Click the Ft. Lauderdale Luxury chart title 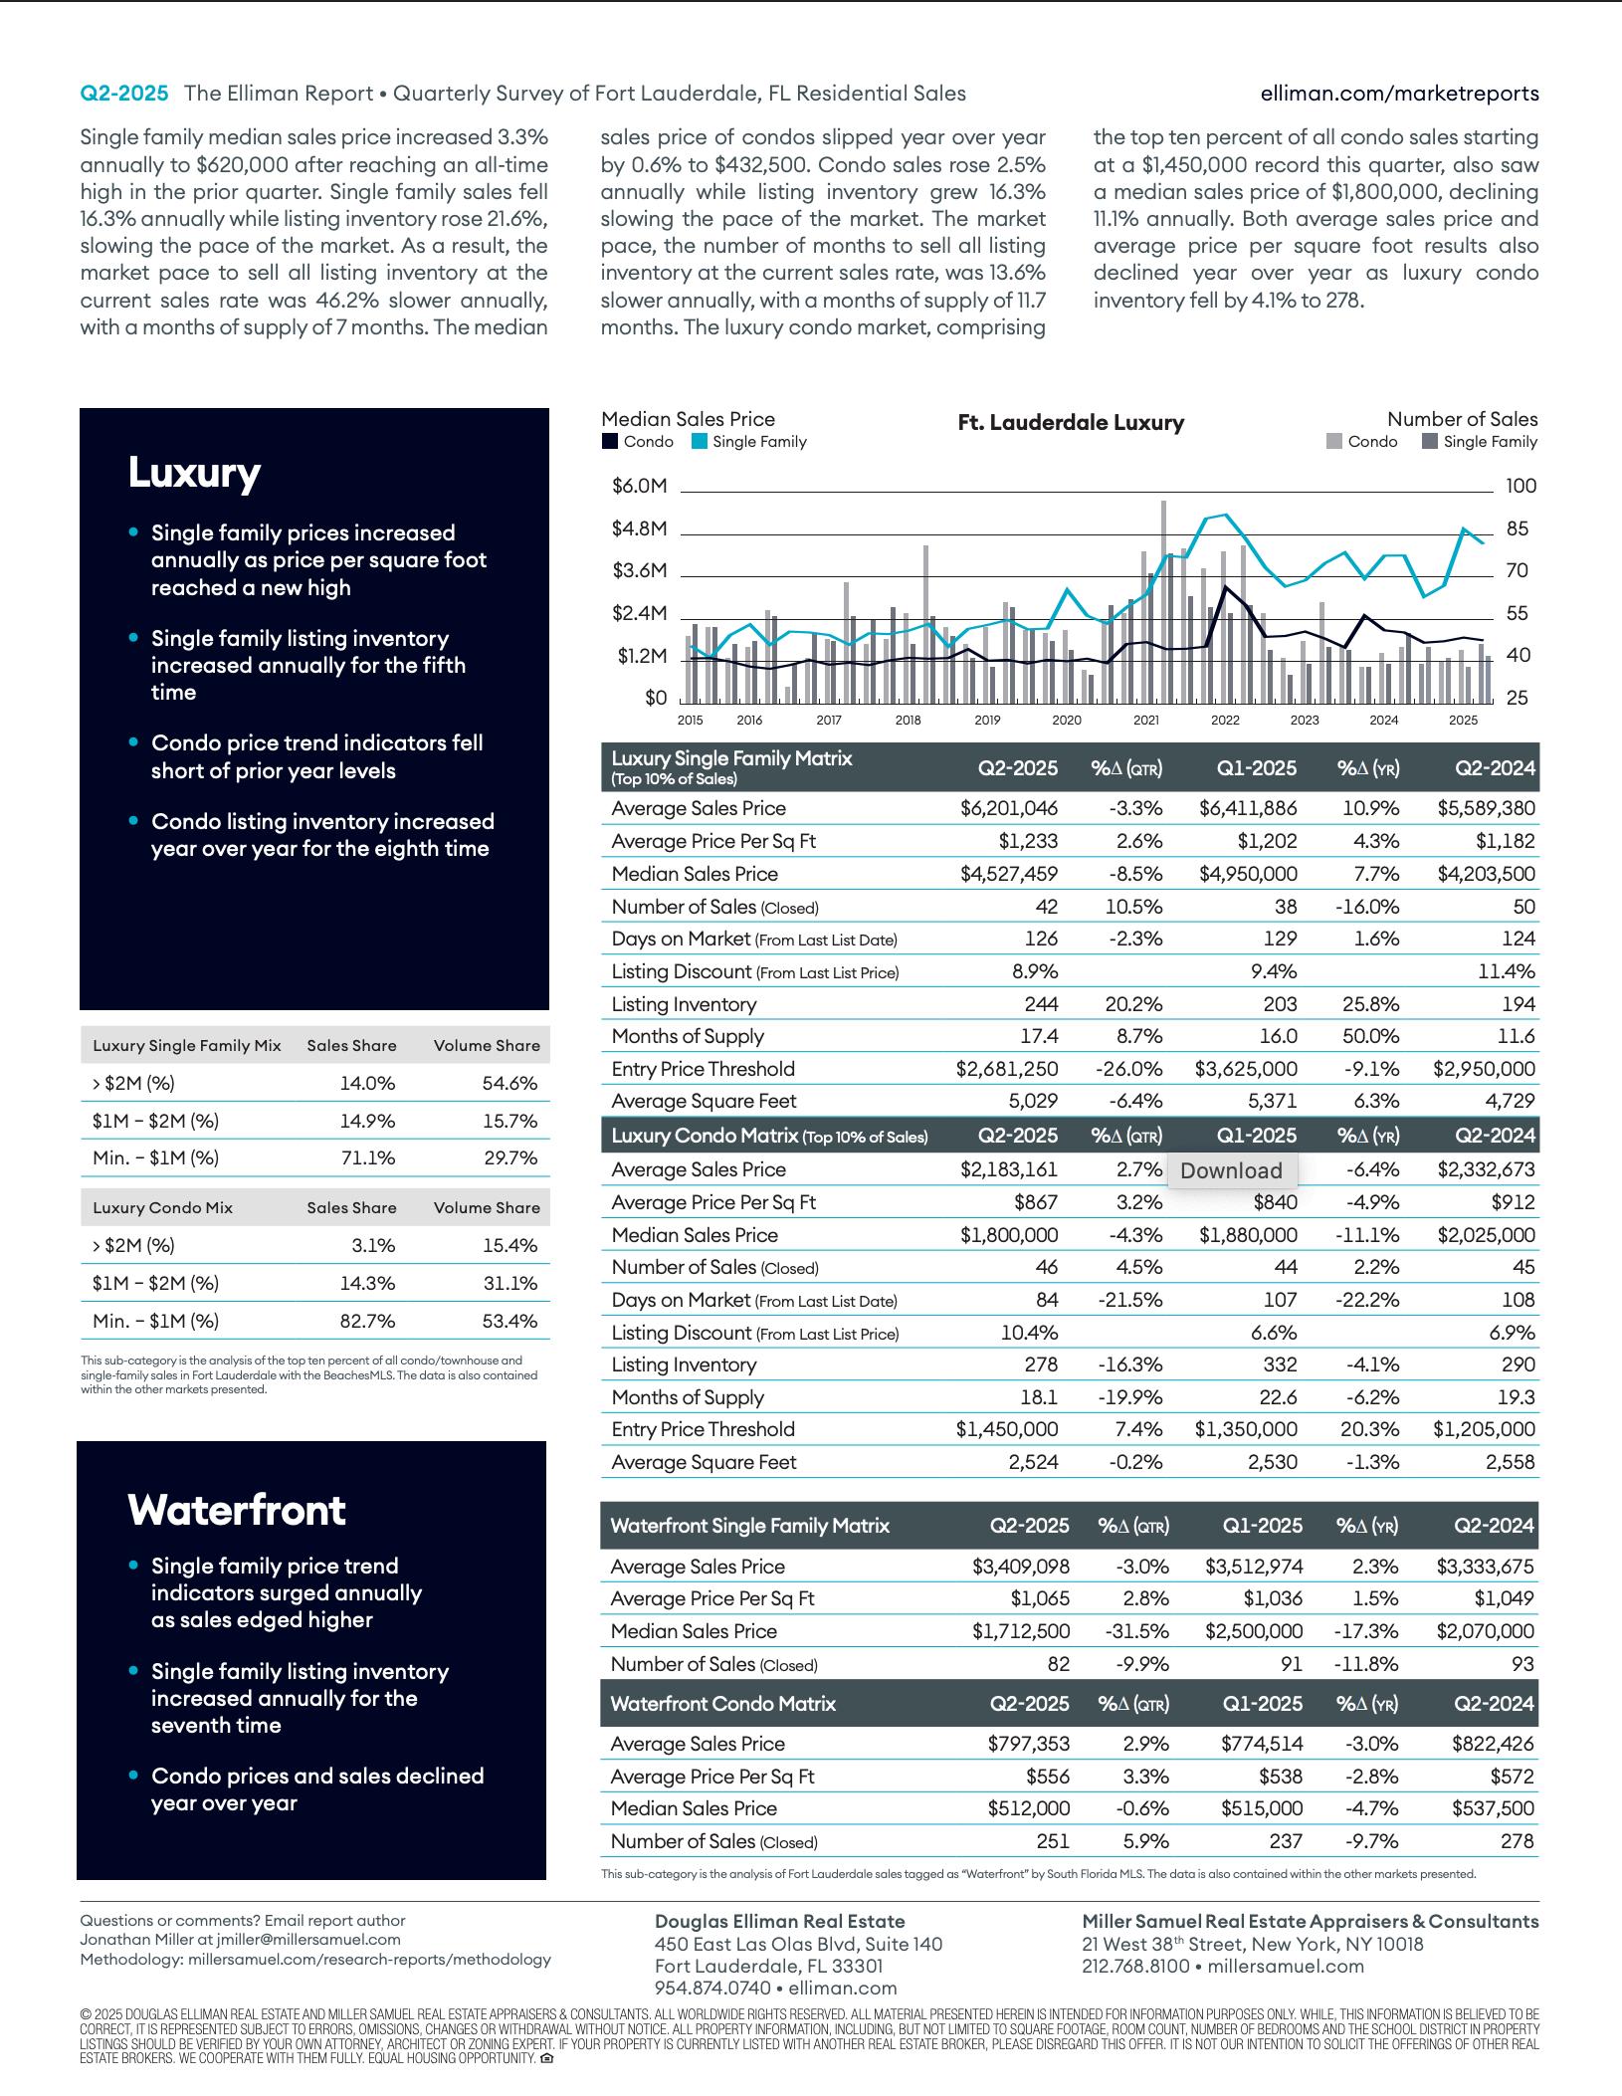1071,423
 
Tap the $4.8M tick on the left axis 639,528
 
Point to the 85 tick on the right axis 1517,528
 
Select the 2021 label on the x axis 1145,720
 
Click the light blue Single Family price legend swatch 700,442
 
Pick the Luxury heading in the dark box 194,472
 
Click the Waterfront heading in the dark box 237,1510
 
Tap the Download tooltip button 1231,1170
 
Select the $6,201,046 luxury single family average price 1009,808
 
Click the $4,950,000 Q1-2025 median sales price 1248,874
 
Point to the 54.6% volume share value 509,1083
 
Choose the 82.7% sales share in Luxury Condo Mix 367,1321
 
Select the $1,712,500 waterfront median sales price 1021,1631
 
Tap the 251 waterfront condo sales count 1053,1841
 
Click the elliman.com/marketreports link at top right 1399,94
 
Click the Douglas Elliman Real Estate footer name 780,1922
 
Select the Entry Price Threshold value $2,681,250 1007,1069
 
